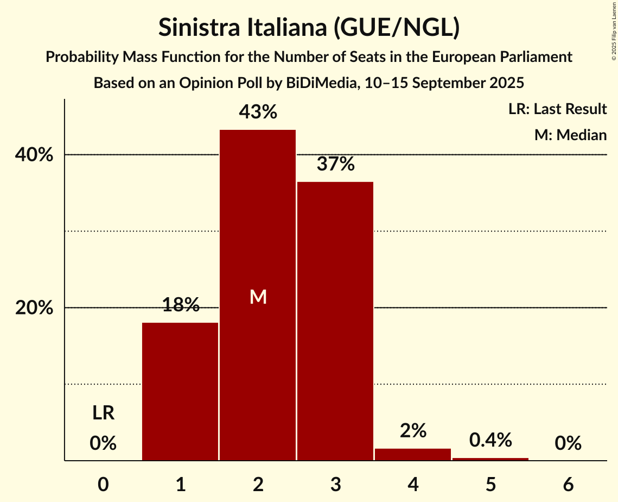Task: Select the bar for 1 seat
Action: pyautogui.click(x=180, y=391)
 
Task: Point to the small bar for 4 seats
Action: pyautogui.click(x=413, y=455)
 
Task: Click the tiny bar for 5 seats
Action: pyautogui.click(x=490, y=459)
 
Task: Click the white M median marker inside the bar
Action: pyautogui.click(x=258, y=297)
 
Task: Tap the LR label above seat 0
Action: pyautogui.click(x=103, y=413)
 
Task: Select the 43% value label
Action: pyautogui.click(x=258, y=112)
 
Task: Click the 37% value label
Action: pyautogui.click(x=336, y=164)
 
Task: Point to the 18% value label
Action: pyautogui.click(x=181, y=305)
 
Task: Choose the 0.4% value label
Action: pyautogui.click(x=490, y=440)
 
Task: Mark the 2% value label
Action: pyautogui.click(x=413, y=431)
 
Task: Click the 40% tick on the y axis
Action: pyautogui.click(x=34, y=155)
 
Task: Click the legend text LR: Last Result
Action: pyautogui.click(x=557, y=109)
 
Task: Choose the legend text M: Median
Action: pyautogui.click(x=570, y=135)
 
